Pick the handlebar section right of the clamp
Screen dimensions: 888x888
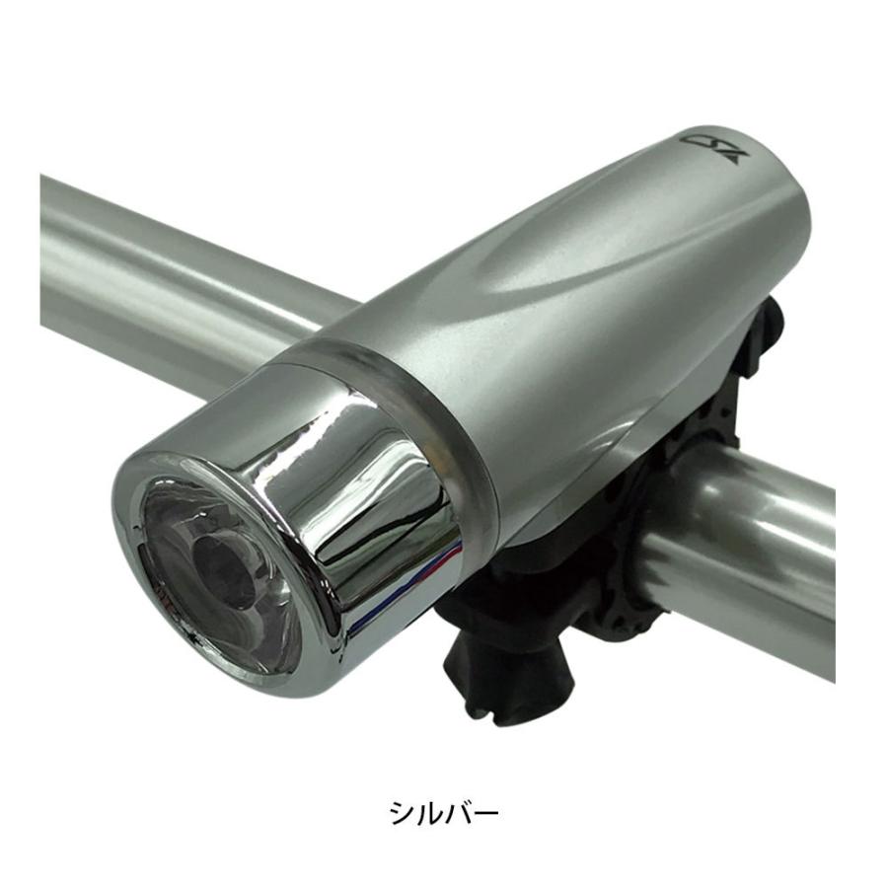(750, 553)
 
